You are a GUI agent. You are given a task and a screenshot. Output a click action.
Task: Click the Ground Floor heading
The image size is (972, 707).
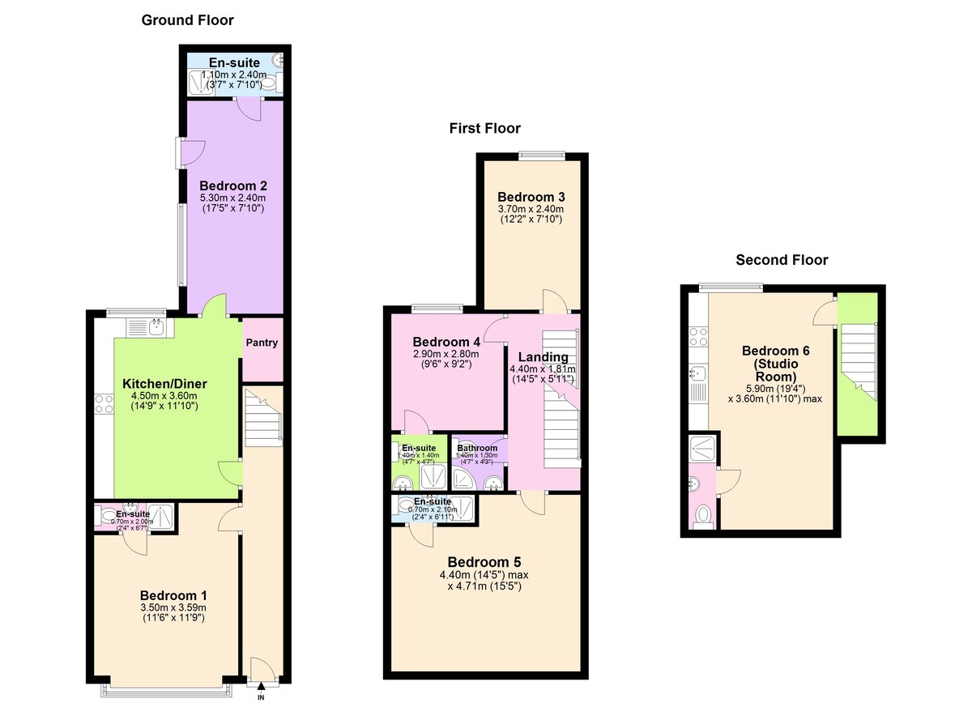coord(187,20)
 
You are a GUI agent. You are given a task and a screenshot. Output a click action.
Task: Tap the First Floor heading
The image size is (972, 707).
coord(485,128)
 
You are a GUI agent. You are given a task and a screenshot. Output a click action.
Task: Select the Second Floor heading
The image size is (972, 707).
coord(782,260)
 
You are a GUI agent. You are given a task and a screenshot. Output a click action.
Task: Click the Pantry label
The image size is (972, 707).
coord(262,343)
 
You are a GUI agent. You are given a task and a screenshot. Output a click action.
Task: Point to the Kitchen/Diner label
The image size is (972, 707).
coord(164,383)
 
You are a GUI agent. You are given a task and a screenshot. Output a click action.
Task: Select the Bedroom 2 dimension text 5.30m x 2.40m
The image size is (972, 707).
coord(233,198)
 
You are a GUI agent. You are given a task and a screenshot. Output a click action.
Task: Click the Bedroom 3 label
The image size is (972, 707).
coord(531,197)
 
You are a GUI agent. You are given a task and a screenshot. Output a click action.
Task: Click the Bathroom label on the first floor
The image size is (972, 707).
coord(477,448)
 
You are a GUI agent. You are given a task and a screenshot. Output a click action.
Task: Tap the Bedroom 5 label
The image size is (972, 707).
coord(485,562)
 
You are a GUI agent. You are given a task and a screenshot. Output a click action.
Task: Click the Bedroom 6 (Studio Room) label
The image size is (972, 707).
coord(775,364)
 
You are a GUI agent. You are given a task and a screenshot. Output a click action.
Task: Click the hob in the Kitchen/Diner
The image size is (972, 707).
coord(104,403)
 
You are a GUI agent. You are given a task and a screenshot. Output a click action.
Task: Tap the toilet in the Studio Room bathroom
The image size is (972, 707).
coord(702,513)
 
